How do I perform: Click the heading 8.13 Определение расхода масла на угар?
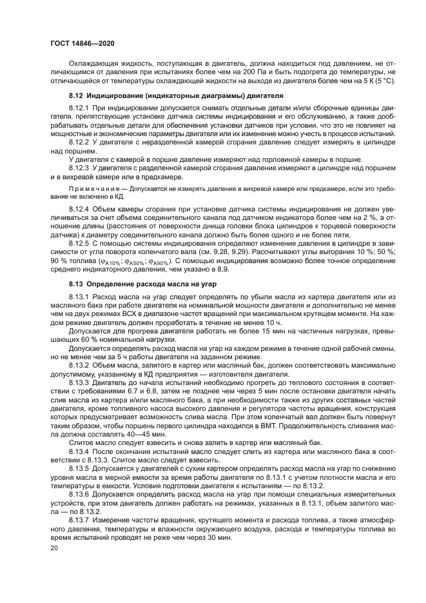pos(144,284)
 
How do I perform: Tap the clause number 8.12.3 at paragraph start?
pos(79,168)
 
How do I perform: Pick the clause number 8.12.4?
pos(79,210)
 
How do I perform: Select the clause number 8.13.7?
pos(79,518)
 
